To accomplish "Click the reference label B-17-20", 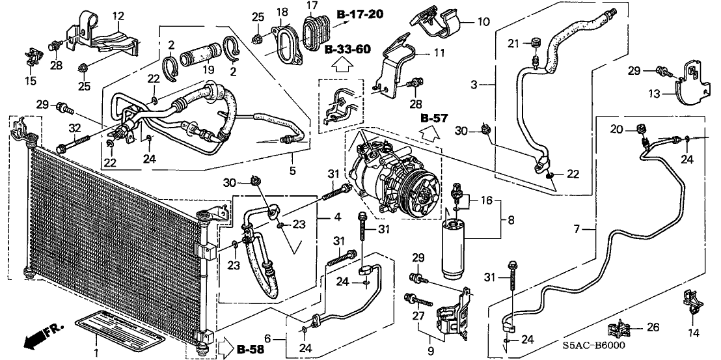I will coord(360,14).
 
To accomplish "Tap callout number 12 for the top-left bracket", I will coord(118,16).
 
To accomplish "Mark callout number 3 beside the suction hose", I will coord(474,85).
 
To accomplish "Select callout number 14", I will coord(692,332).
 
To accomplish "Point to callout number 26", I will coord(653,328).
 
